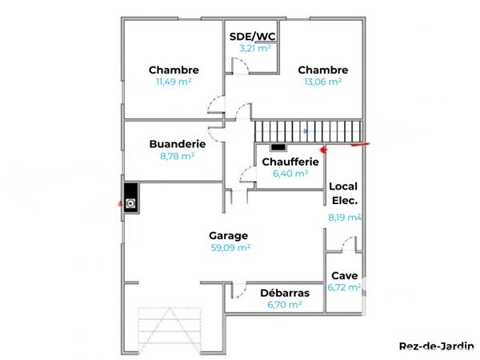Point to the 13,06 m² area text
(x=322, y=82)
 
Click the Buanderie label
(x=178, y=144)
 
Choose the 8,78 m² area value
(x=178, y=157)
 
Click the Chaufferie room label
(x=290, y=162)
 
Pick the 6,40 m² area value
(x=290, y=174)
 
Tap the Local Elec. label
(x=344, y=193)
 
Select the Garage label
(x=229, y=235)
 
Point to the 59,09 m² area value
(x=230, y=248)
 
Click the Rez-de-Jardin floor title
(x=436, y=346)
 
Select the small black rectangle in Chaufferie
(x=278, y=147)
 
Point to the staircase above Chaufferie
(x=308, y=130)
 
